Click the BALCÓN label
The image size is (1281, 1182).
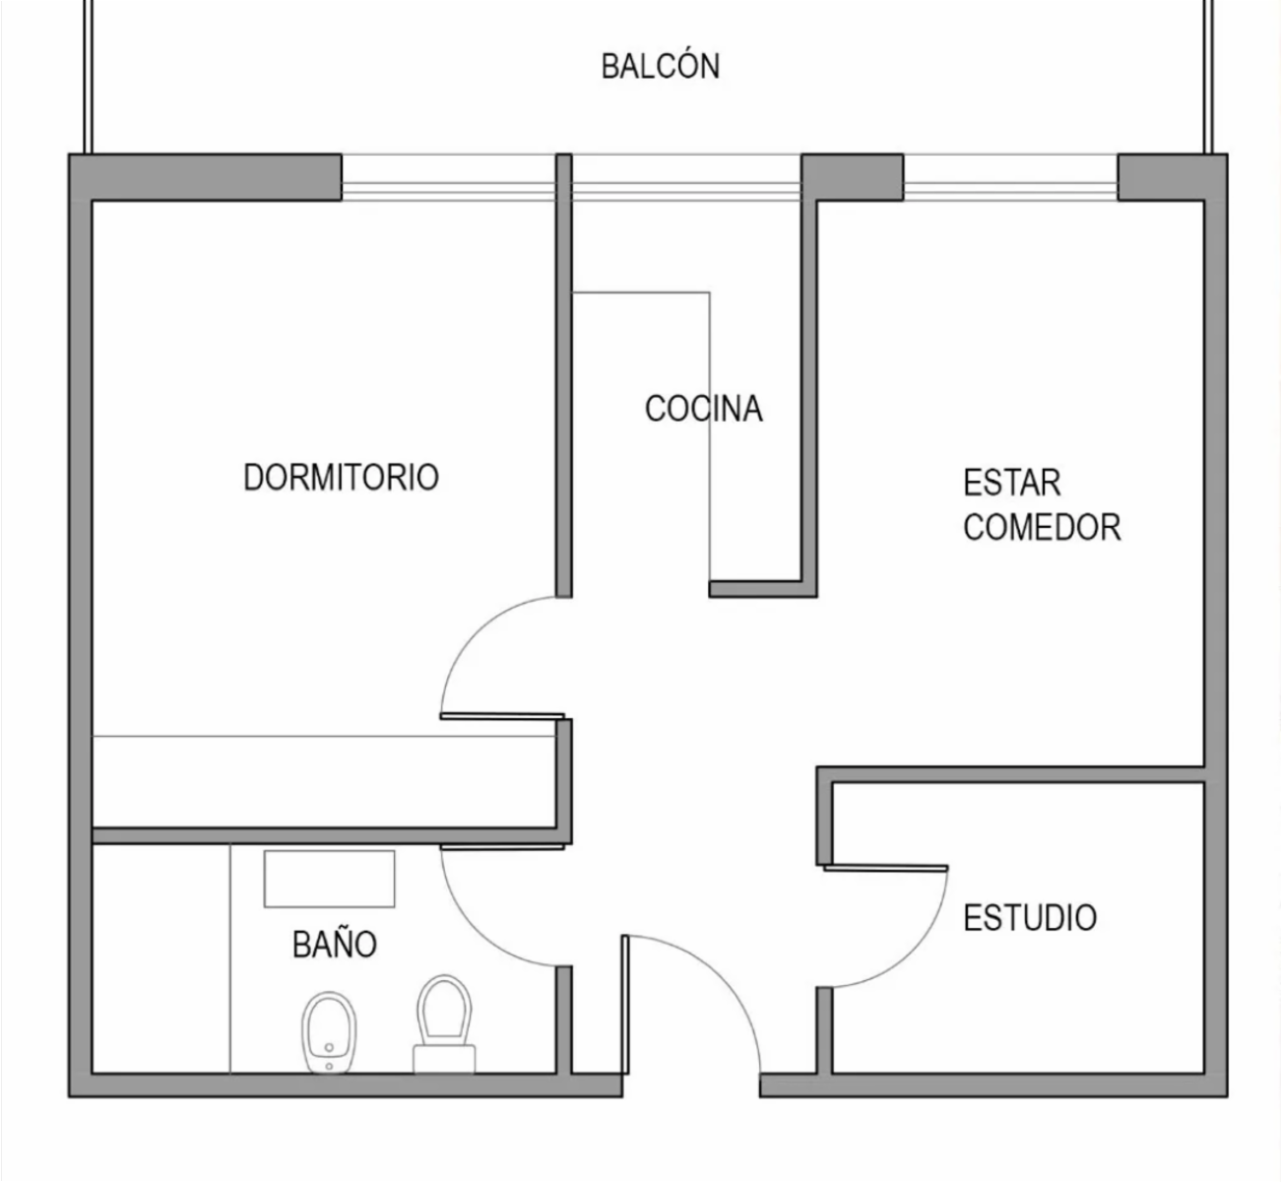pos(661,67)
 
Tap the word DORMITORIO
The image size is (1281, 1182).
pos(342,477)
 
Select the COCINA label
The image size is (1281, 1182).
pos(704,409)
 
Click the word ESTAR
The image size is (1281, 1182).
pos(1012,483)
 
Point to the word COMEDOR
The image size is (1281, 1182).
pos(1042,527)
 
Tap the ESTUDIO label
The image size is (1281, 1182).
pos(1030,917)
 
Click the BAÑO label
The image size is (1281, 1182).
pos(334,944)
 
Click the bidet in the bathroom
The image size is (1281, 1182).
pos(329,1032)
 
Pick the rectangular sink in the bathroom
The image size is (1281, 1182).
pos(329,879)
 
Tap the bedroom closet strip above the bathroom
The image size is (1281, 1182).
pos(324,781)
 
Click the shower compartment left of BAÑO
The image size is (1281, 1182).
pos(161,958)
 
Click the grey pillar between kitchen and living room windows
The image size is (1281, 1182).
pos(852,177)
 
